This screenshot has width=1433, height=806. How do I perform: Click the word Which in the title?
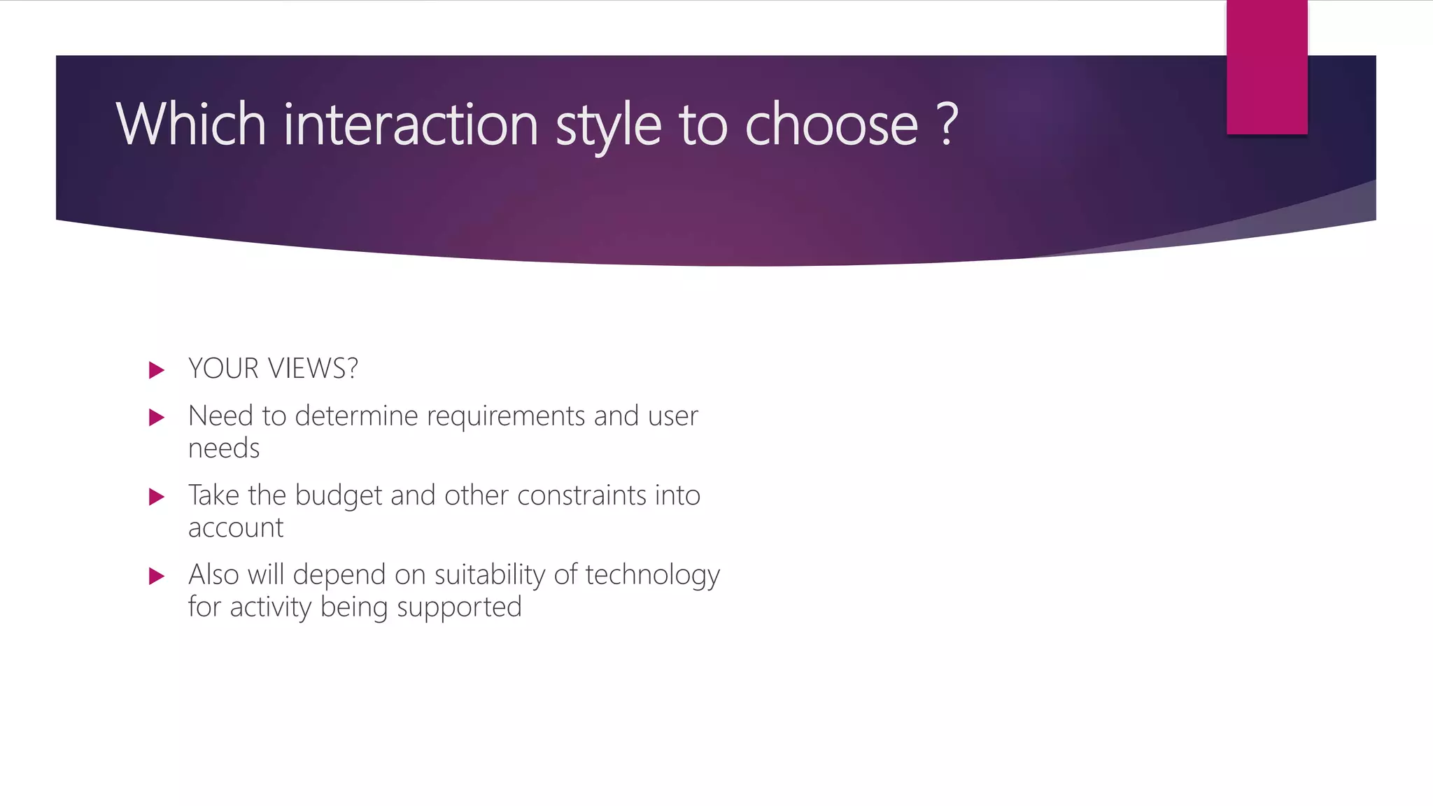pos(190,124)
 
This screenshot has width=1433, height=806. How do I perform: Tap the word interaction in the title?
pos(411,124)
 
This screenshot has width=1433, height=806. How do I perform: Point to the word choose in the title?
pos(831,124)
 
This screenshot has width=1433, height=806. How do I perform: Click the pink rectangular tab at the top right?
pos(1266,67)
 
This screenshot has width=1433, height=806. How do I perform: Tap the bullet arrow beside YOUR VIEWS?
pos(157,369)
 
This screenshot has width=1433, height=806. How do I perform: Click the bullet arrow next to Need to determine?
pos(157,418)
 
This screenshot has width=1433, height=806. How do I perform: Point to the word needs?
pos(224,448)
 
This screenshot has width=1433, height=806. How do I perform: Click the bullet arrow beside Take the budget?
pos(157,497)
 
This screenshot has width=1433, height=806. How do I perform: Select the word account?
pos(236,528)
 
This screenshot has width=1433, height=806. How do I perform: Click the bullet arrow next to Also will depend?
pos(157,577)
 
